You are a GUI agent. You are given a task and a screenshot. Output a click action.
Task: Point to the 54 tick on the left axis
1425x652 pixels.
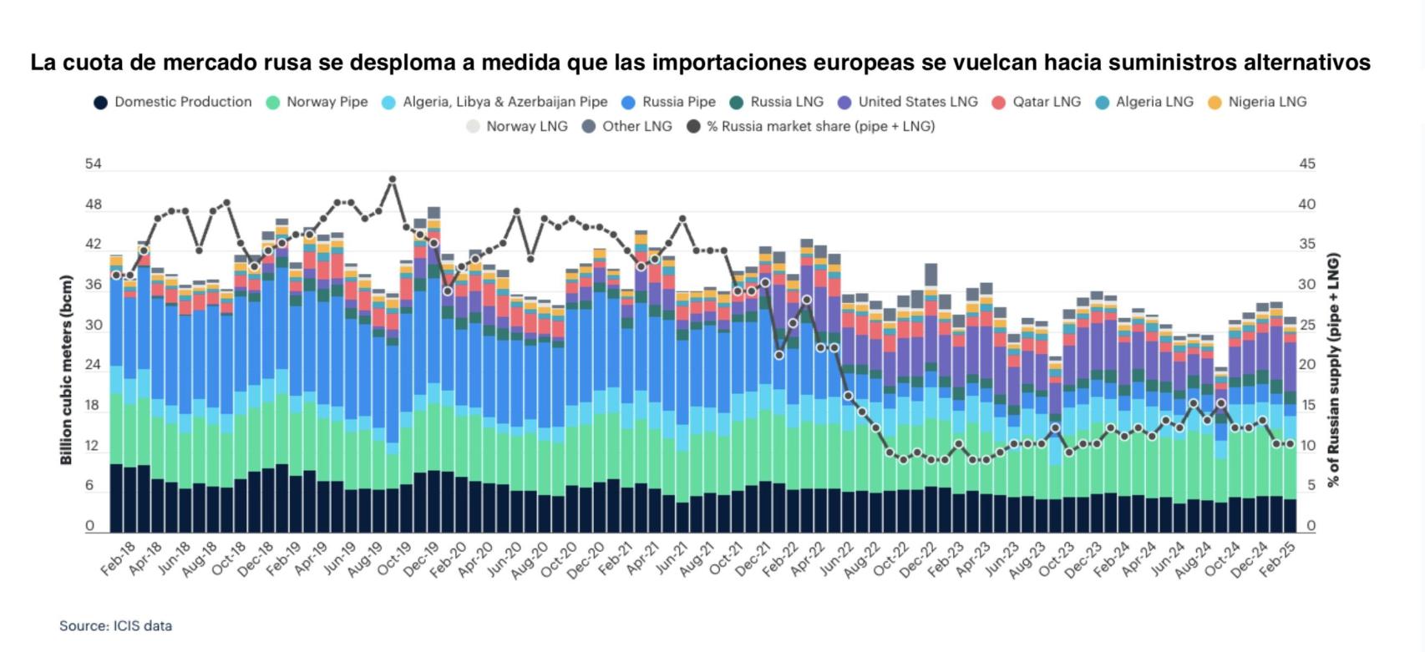click(93, 164)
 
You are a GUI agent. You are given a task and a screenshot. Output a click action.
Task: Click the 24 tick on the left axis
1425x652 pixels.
click(93, 365)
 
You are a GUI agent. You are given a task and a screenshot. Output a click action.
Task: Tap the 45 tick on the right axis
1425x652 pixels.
click(1307, 164)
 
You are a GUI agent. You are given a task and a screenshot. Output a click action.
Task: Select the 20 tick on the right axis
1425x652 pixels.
click(1307, 365)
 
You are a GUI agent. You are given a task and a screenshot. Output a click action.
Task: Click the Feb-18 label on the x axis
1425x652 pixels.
click(118, 558)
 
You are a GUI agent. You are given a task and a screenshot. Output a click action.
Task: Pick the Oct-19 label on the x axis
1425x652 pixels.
click(393, 558)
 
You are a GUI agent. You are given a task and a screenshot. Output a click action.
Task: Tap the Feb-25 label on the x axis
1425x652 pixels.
click(1277, 558)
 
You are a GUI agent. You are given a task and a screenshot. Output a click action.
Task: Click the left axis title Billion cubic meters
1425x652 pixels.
click(67, 370)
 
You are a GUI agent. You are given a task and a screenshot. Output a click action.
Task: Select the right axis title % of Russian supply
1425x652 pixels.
click(1334, 370)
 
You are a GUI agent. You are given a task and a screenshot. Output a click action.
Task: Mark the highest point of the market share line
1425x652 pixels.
click(393, 179)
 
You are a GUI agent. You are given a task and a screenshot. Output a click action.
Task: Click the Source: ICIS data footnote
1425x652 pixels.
click(115, 625)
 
